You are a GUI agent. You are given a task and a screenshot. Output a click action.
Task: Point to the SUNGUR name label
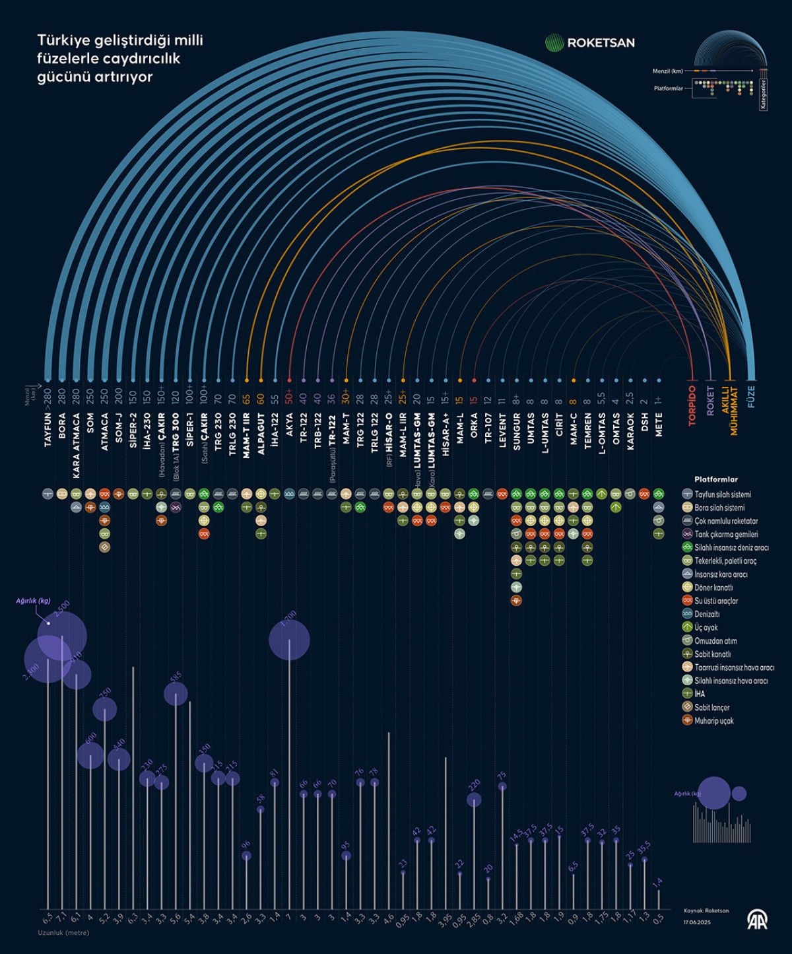tap(516, 430)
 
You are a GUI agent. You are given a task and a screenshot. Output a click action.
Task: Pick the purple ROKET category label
tap(711, 401)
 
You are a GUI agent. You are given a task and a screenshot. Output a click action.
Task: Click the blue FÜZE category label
tap(750, 396)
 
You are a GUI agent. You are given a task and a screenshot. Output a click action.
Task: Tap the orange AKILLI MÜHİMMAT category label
tap(729, 409)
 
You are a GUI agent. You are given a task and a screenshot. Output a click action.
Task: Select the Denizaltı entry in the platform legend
tap(709, 614)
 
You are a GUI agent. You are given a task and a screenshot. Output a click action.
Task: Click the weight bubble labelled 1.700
tap(289, 640)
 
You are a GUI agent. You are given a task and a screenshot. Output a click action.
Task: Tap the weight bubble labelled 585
tap(176, 693)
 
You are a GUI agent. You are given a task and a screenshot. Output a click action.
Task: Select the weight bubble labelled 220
tap(474, 800)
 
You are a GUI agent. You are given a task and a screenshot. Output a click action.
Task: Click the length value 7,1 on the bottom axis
tap(62, 918)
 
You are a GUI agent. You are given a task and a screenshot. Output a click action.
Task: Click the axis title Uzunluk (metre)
tap(63, 933)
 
